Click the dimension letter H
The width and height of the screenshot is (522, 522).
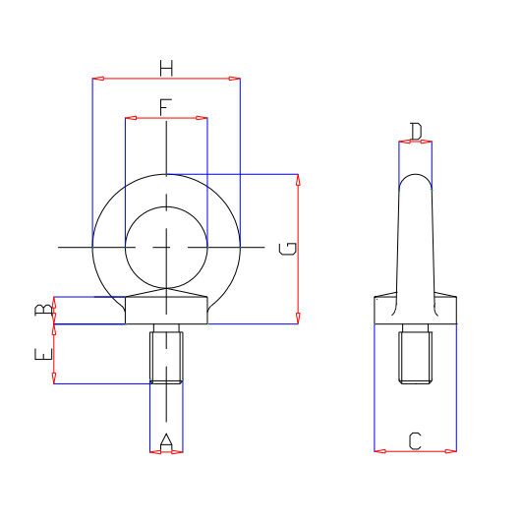click(166, 68)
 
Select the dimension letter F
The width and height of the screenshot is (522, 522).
click(165, 105)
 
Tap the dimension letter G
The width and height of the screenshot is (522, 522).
click(287, 248)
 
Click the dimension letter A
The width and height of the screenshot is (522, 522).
click(166, 441)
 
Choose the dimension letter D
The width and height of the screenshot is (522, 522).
click(415, 131)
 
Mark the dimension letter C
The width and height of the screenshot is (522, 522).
click(415, 441)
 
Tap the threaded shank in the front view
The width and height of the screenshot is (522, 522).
click(166, 355)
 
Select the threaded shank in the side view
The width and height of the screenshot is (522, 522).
click(415, 356)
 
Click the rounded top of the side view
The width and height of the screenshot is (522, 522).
click(415, 180)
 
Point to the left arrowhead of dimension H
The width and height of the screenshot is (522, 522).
click(96, 78)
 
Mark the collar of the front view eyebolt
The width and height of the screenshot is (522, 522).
click(166, 310)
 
